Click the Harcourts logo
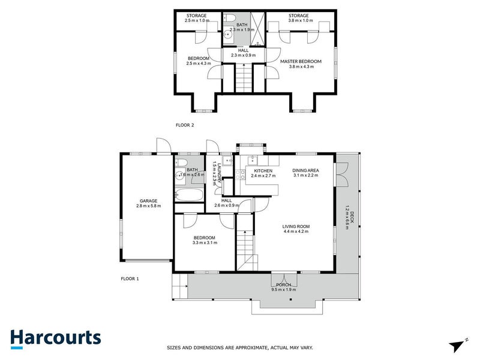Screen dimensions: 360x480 pyautogui.click(x=56, y=338)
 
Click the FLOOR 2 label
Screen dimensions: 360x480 pyautogui.click(x=185, y=125)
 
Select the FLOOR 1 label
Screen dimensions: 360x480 pyautogui.click(x=130, y=279)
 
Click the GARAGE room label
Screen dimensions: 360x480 pyautogui.click(x=148, y=201)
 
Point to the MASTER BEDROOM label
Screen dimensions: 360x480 pyautogui.click(x=301, y=61)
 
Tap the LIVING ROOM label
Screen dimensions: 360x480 pyautogui.click(x=295, y=226)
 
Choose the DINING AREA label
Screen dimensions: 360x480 pyautogui.click(x=305, y=170)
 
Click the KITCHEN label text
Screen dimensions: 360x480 pyautogui.click(x=264, y=170)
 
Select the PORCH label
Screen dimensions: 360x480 pyautogui.click(x=284, y=284)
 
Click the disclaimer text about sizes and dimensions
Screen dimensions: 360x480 pyautogui.click(x=239, y=347)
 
